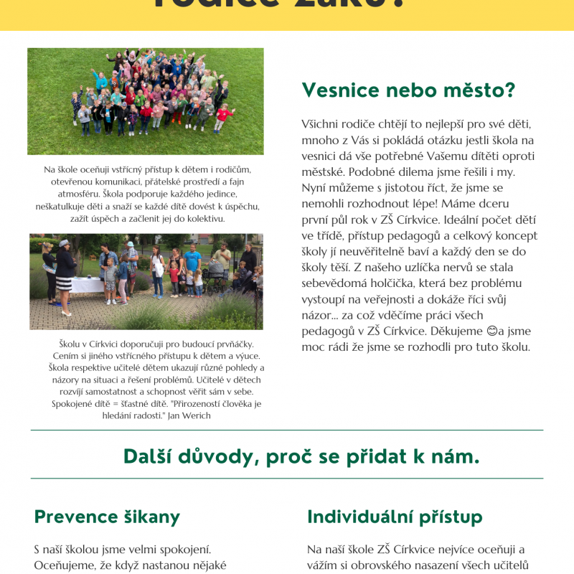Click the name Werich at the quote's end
197,415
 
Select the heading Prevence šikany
107,517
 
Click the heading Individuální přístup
395,517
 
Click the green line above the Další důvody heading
287,430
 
